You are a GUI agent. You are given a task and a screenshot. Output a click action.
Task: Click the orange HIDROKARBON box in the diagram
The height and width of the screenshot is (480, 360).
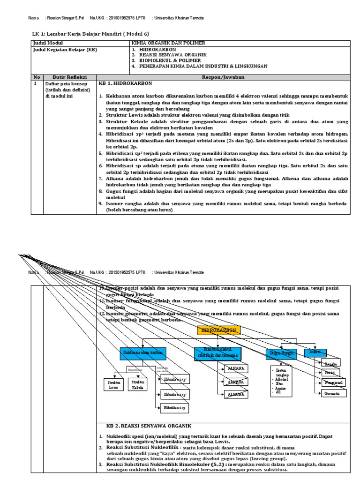coord(218,330)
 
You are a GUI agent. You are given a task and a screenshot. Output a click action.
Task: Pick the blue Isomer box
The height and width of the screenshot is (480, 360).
coord(316,352)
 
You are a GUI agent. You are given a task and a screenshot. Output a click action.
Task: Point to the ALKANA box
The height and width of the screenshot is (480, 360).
coord(235,369)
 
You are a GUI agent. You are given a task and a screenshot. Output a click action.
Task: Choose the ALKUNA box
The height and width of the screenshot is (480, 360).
coord(235,395)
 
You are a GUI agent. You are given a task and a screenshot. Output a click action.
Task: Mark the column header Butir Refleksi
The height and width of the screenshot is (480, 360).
coord(62,77)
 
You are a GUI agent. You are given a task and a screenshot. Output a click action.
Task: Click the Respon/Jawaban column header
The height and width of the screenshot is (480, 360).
coord(223,77)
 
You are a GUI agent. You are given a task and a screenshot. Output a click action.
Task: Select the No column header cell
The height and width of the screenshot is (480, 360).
coord(37,77)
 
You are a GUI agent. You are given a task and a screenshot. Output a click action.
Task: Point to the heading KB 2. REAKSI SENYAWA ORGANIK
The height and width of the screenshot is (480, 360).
coord(147,426)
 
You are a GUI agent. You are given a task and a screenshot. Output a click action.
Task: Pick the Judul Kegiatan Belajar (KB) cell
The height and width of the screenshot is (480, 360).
coord(64,49)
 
